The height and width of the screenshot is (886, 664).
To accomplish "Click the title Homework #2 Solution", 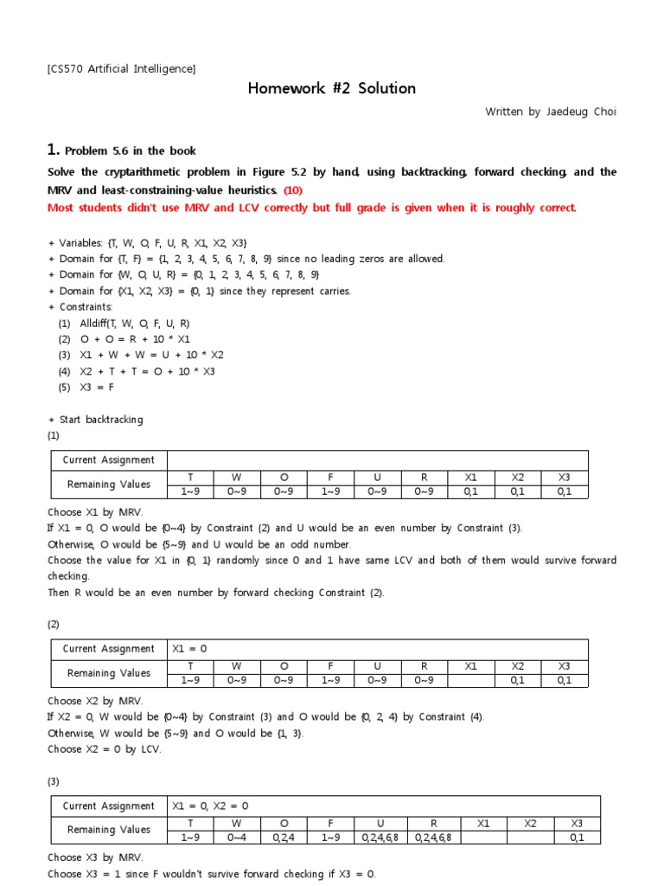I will (x=332, y=88).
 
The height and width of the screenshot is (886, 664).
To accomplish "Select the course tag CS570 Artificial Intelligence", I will (x=122, y=68).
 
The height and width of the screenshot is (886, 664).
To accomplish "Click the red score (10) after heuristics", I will (x=293, y=189).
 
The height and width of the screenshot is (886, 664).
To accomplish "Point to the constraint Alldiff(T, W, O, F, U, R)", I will (x=134, y=323).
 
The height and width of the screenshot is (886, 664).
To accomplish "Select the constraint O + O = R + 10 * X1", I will (x=136, y=339).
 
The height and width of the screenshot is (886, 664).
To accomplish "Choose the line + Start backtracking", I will (x=96, y=420).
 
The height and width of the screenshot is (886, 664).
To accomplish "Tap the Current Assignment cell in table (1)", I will (x=109, y=460).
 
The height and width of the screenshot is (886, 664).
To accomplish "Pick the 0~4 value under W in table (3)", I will (x=237, y=838).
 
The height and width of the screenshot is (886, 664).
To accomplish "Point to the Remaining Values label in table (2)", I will (x=109, y=673).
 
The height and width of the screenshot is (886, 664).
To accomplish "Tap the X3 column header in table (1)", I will (x=564, y=477).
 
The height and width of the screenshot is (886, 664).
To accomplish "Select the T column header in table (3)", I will (x=190, y=823).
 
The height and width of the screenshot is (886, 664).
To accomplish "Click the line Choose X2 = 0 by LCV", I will (x=105, y=749).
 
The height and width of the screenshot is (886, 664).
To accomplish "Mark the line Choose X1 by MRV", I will (x=95, y=512).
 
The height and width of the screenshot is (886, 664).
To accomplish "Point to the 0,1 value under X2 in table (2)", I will (x=517, y=681).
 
